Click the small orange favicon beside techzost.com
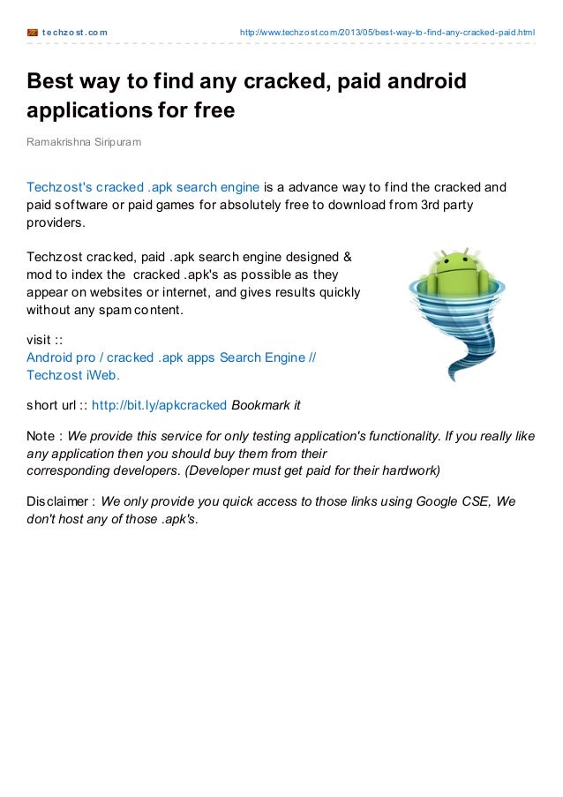click(33, 34)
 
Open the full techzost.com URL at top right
click(387, 34)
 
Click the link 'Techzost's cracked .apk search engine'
click(143, 187)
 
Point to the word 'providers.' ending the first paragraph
click(56, 222)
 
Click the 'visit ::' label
click(44, 340)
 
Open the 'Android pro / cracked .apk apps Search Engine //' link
click(171, 357)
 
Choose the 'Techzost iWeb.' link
click(73, 375)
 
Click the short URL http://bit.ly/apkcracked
click(160, 405)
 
